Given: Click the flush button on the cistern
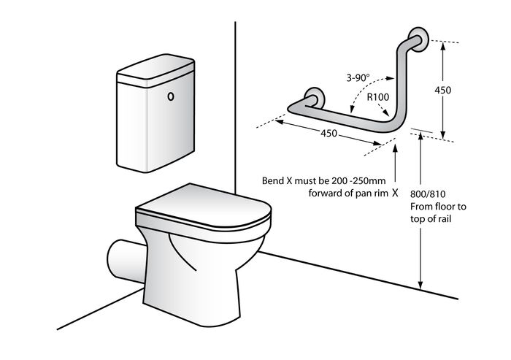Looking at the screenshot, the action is coord(170,96).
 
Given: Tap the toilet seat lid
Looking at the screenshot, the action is coord(203,204).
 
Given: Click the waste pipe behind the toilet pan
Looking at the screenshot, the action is coord(126,261).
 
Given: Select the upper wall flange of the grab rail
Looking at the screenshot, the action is coord(418,39).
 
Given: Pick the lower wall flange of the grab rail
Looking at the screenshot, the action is coord(315,98).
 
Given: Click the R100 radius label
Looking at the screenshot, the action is coord(378,97).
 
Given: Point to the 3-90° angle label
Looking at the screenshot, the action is coord(358,77).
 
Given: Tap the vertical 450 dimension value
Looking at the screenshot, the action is coord(443,90).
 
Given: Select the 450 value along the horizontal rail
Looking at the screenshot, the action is coord(328,133).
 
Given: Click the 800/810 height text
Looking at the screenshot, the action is coord(428,194).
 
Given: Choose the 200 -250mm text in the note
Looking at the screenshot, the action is coord(359,180).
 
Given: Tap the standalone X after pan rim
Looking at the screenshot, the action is coord(395,193).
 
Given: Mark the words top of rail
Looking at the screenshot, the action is coord(431,219).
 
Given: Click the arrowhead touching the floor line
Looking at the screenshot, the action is coord(420,285).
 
